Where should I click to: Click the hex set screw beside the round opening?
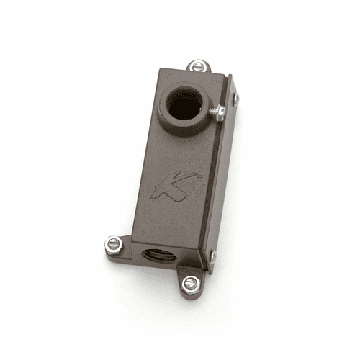(x=219, y=110)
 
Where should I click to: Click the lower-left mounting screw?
(x=114, y=243)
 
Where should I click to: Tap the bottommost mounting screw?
(x=189, y=284)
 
